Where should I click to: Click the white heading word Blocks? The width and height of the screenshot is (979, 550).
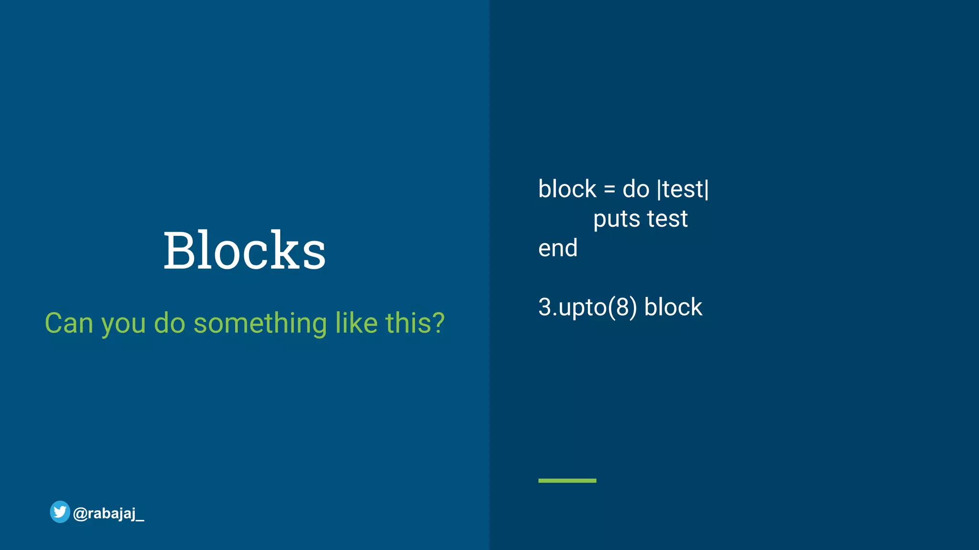pos(244,250)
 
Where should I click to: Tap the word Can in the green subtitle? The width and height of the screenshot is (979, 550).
pos(68,323)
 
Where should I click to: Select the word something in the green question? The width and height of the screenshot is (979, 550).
pos(260,323)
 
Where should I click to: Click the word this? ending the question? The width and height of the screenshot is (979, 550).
pos(415,323)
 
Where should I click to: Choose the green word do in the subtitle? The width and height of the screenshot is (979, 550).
pos(169,323)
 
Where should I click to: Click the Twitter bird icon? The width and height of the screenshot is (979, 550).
pos(60,512)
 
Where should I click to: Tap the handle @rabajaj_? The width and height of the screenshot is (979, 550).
pos(109,514)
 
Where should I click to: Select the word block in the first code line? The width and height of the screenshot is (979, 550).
pos(567,190)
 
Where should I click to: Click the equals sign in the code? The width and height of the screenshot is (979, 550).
pos(609,190)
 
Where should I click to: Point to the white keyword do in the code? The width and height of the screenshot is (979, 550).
pos(636,190)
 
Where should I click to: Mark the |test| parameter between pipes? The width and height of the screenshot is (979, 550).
pos(683,190)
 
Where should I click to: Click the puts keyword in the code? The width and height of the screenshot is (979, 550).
pos(617,220)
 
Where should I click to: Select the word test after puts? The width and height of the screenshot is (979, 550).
pos(667,219)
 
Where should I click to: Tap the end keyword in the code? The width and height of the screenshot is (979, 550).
pos(558,248)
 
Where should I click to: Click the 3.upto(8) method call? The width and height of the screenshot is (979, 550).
pos(587,307)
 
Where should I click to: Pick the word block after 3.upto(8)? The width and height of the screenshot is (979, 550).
pos(673,307)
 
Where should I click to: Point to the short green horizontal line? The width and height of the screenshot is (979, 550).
pos(567,480)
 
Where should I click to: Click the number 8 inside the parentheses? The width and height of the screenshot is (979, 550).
pos(622,307)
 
